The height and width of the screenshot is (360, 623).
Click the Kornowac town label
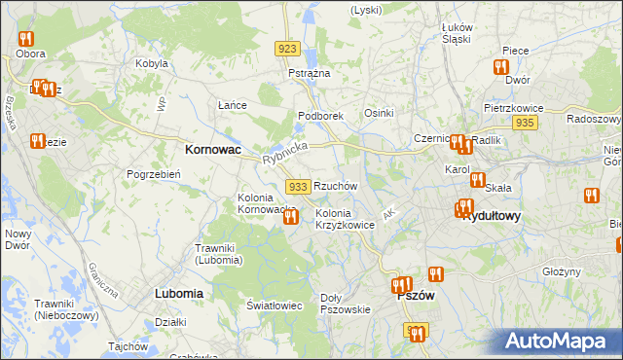click(213, 151)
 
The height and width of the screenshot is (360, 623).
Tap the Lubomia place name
click(178, 292)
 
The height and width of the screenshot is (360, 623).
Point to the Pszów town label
click(416, 296)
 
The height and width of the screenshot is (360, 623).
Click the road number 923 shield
click(286, 49)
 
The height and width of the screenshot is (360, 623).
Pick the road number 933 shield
click(298, 186)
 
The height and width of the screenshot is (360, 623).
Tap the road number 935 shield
click(525, 123)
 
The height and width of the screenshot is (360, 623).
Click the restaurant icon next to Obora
click(25, 40)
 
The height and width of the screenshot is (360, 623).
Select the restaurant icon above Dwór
click(501, 67)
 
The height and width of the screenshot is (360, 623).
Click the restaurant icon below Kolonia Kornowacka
click(290, 218)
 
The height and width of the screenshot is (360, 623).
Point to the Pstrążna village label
click(310, 74)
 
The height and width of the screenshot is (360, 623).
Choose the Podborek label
click(320, 115)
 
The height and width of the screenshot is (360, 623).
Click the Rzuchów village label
click(336, 185)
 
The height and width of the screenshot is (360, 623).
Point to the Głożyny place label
click(562, 271)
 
